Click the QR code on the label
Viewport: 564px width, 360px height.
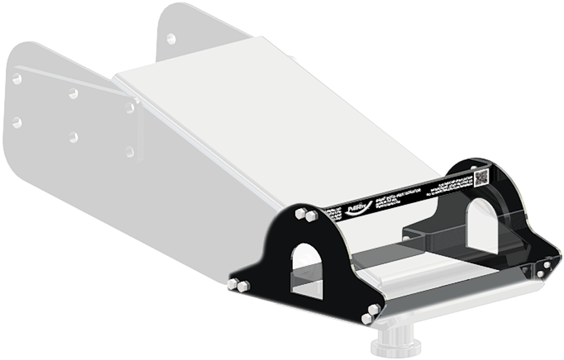[x=482, y=177]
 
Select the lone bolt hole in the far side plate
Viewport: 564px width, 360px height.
[x=171, y=38]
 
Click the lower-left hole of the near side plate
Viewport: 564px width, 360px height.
[x=17, y=122]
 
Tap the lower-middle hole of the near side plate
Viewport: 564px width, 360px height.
[x=73, y=137]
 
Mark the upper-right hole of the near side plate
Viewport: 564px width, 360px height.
[x=130, y=108]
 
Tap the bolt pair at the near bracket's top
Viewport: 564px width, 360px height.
[x=305, y=214]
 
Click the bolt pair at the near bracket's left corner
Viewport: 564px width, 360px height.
[x=238, y=285]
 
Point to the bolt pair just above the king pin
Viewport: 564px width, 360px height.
[x=371, y=314]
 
